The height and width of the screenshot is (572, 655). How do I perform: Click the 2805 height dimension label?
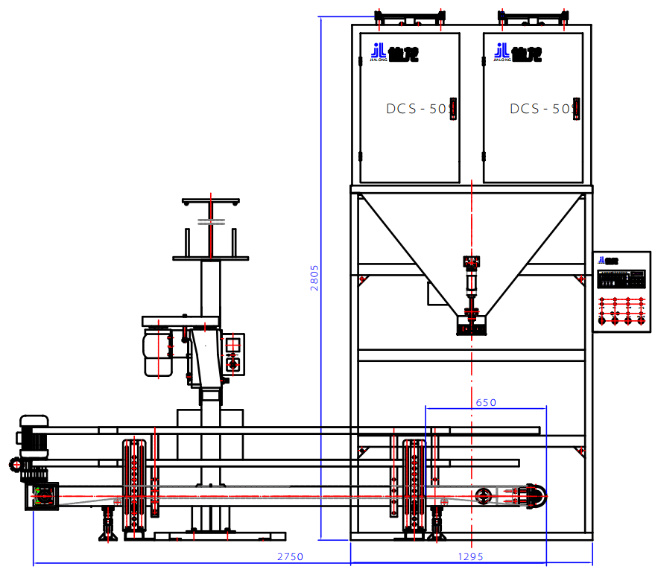coord(314,277)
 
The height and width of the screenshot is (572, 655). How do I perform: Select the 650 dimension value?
coord(485,402)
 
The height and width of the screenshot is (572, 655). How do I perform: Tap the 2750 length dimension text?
coord(290,556)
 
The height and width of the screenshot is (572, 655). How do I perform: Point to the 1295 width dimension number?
coord(470,556)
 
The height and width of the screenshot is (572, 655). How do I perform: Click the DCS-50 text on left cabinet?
coord(416,109)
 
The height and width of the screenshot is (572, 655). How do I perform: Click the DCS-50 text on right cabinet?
coord(539,109)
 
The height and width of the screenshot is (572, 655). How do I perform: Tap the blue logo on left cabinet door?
coord(384,52)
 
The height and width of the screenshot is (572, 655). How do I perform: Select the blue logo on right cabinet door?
coord(507,52)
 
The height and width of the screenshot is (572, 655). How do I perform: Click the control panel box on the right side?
coord(621,291)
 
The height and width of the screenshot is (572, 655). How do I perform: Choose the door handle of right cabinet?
coord(575,109)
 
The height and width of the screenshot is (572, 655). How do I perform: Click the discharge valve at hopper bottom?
coord(471,321)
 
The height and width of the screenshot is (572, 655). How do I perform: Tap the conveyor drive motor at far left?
coord(34,436)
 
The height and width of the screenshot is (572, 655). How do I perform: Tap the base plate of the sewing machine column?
coord(220,536)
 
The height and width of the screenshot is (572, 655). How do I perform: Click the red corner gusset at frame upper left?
coord(363,280)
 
